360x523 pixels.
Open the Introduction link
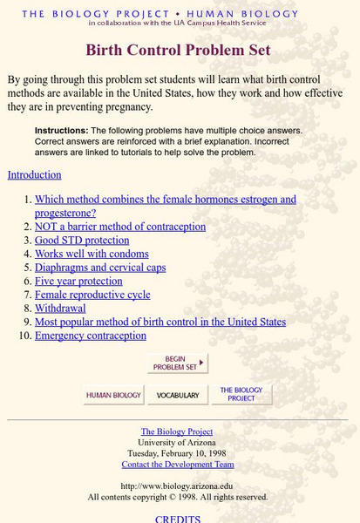(34, 174)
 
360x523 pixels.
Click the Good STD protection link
(82, 241)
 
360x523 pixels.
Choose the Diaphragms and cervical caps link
(100, 268)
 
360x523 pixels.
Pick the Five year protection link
(78, 282)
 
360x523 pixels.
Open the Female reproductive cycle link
(92, 295)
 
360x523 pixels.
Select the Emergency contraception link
(91, 336)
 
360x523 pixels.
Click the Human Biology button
(113, 395)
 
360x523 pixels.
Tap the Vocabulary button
(177, 395)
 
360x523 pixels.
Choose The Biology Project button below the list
(241, 395)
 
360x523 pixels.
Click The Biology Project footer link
(177, 431)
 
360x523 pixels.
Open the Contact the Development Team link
(177, 464)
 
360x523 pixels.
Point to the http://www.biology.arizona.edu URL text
(177, 486)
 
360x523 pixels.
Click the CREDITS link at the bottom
(178, 519)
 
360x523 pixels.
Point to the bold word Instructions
(61, 131)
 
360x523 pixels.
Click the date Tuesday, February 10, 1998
(177, 453)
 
